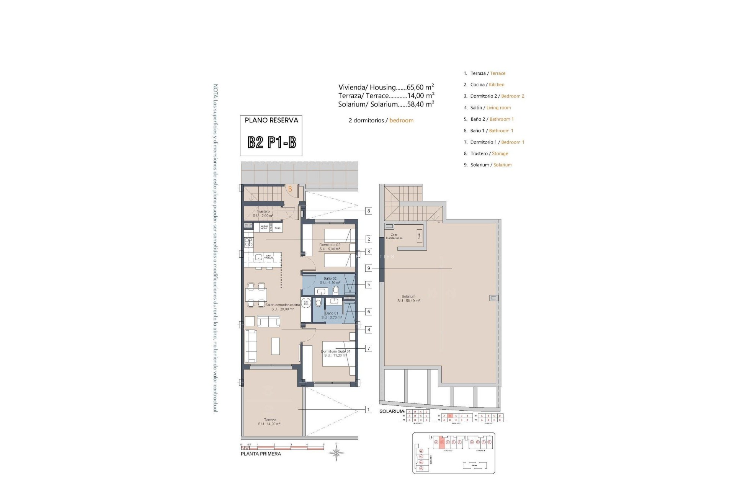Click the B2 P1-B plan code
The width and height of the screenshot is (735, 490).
[x=271, y=142]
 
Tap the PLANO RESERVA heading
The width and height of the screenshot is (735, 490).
[x=271, y=120]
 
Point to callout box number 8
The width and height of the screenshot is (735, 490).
[x=369, y=211]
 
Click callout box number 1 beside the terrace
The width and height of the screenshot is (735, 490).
[x=368, y=410]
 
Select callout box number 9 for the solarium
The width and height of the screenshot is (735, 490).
[x=369, y=268]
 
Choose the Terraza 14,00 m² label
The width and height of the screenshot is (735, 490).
[x=269, y=422]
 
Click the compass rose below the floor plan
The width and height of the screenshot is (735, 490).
[x=336, y=453]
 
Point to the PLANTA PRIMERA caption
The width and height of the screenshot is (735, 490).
[x=261, y=454]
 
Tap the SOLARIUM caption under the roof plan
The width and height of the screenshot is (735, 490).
[x=391, y=412]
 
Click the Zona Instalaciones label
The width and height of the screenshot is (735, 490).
[x=394, y=237]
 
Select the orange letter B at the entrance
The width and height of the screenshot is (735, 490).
[x=290, y=189]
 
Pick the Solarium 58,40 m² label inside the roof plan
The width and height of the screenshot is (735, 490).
[x=408, y=299]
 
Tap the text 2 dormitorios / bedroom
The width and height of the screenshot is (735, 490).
[x=381, y=121]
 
